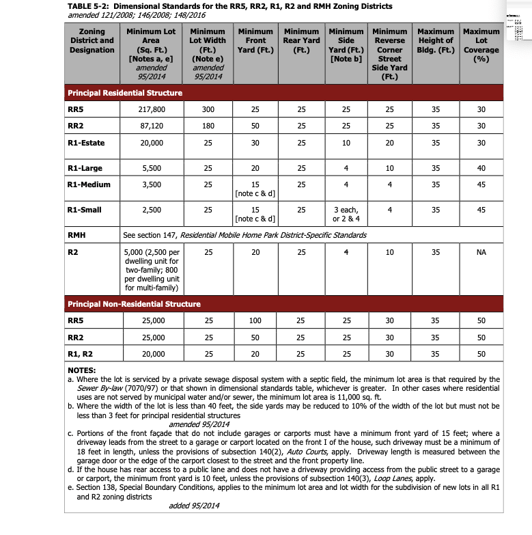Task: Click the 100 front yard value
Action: tap(255, 320)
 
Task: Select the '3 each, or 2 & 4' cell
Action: tap(346, 214)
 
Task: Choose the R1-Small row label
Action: tap(85, 209)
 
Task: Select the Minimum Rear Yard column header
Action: tap(301, 40)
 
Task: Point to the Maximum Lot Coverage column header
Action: tap(481, 45)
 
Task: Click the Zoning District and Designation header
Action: tap(92, 40)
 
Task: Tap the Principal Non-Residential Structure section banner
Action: tap(134, 303)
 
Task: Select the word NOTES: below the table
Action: tap(81, 370)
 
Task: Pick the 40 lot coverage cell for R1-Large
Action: tap(481, 168)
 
